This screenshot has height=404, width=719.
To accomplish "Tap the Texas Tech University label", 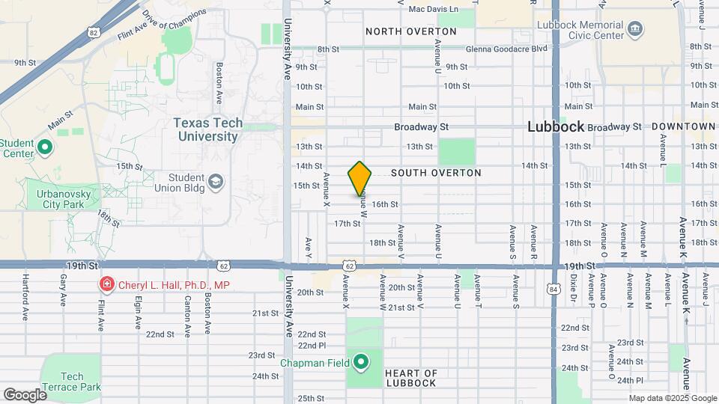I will (206, 129).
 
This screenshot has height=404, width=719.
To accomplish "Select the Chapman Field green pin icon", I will (361, 363).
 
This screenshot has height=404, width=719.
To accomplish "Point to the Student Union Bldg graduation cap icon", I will (215, 182).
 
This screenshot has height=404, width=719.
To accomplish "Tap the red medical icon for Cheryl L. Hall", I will (108, 285).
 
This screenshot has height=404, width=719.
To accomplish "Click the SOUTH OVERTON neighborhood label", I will (436, 173).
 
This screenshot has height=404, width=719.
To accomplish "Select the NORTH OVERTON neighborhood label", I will (410, 31).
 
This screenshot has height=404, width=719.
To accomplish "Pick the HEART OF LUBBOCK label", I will (410, 378).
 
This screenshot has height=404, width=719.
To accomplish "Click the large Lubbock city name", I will (555, 126).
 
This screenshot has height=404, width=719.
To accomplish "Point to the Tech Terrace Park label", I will (70, 382).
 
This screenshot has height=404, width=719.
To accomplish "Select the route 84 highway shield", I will (553, 288).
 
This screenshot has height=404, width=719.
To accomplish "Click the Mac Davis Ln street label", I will (433, 9).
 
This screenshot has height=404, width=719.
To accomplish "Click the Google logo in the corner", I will (25, 394).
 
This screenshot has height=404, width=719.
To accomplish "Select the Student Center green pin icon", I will (44, 147).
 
